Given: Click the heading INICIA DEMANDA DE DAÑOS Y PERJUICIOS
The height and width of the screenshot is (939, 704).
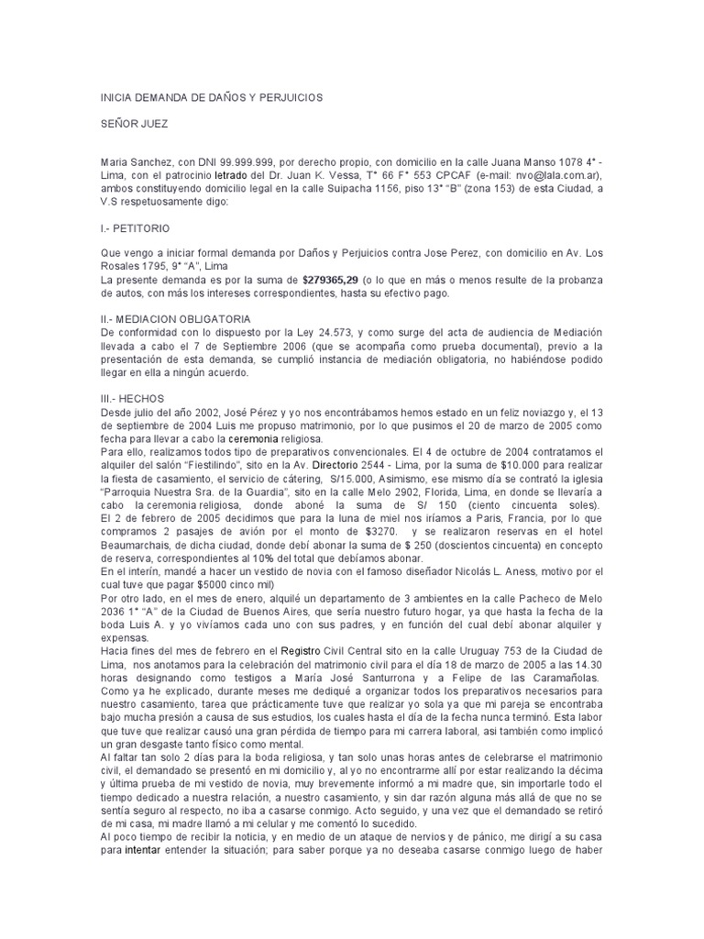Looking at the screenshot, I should pyautogui.click(x=211, y=96).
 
